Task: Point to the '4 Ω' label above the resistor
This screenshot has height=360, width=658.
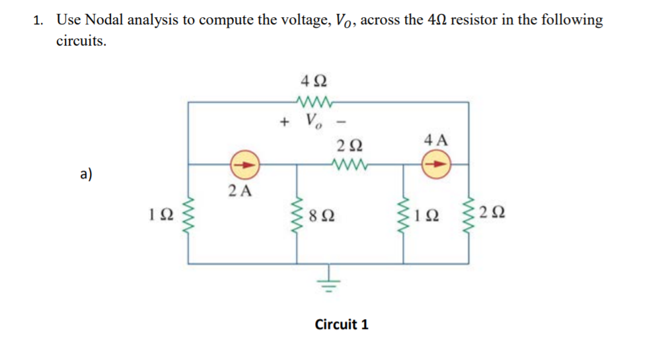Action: click(x=313, y=83)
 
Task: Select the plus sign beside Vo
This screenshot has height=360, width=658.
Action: click(x=285, y=122)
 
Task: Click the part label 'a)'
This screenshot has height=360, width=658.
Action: click(x=86, y=174)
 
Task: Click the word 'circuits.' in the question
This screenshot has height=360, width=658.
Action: click(x=81, y=41)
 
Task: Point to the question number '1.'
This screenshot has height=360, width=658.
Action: click(x=39, y=20)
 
